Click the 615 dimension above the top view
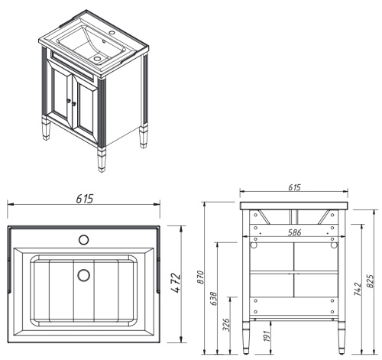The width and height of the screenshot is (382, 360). coord(84,199)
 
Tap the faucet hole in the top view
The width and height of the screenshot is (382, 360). coord(83,239)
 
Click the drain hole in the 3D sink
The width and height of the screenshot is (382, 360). coord(98,57)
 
